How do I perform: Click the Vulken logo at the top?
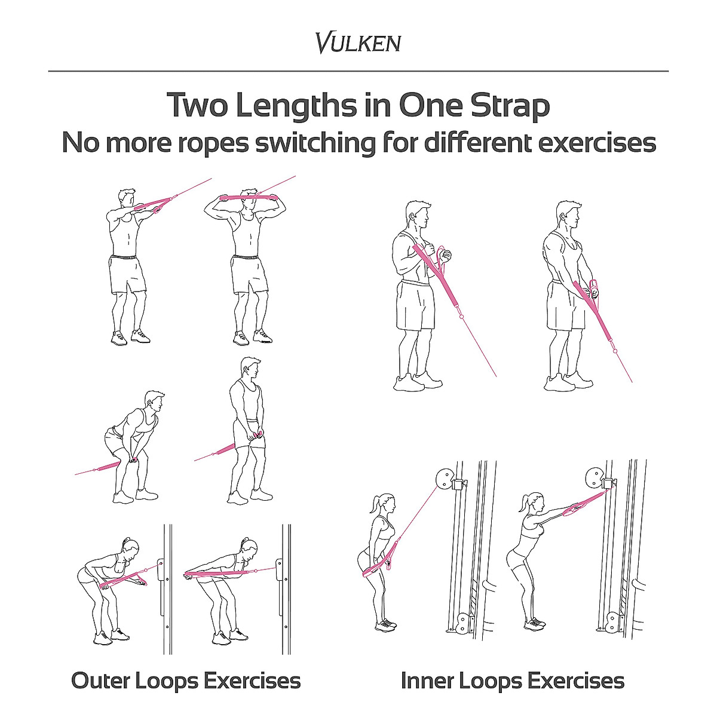[x=358, y=43]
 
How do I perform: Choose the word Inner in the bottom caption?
[x=429, y=681]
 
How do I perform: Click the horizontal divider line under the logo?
[x=358, y=71]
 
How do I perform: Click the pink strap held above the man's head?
[x=249, y=197]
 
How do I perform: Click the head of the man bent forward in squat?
[x=154, y=402]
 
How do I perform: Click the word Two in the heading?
[x=197, y=106]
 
